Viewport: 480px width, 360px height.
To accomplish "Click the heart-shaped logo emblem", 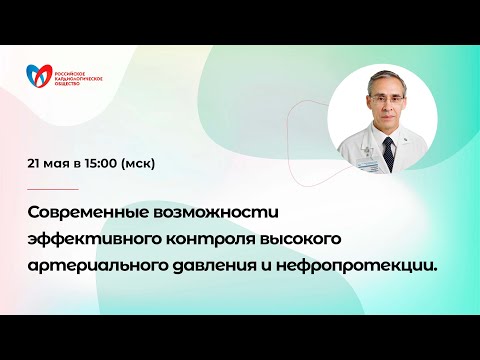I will point(42,77).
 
